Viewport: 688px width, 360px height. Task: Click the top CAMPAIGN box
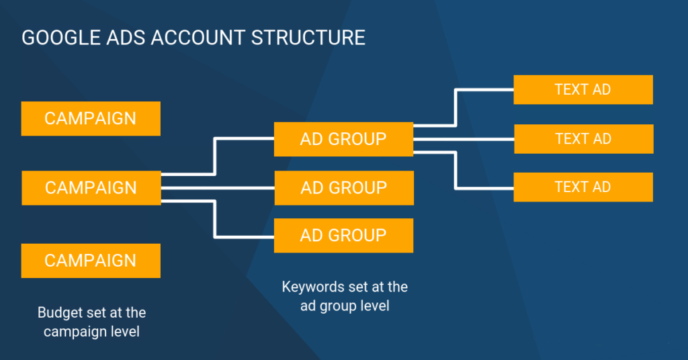coord(91,118)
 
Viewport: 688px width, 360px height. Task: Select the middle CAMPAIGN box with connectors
coord(91,187)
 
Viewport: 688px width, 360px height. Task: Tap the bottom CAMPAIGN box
coord(91,261)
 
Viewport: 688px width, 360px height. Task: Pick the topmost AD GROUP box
coord(343,139)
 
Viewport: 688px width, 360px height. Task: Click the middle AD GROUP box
coord(343,187)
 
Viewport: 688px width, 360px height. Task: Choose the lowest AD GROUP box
coord(343,235)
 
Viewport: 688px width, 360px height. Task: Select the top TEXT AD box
coord(583,89)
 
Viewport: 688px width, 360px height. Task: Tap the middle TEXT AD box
coord(583,139)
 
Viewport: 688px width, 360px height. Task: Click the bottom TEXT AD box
coord(583,187)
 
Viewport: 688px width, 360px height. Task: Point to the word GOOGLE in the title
coord(52,38)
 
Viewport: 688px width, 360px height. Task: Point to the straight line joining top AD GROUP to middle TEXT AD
coord(463,139)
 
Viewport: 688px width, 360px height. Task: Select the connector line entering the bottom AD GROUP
coord(245,236)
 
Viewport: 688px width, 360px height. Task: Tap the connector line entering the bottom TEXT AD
coord(485,187)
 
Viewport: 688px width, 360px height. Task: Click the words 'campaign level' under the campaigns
coord(91,331)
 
